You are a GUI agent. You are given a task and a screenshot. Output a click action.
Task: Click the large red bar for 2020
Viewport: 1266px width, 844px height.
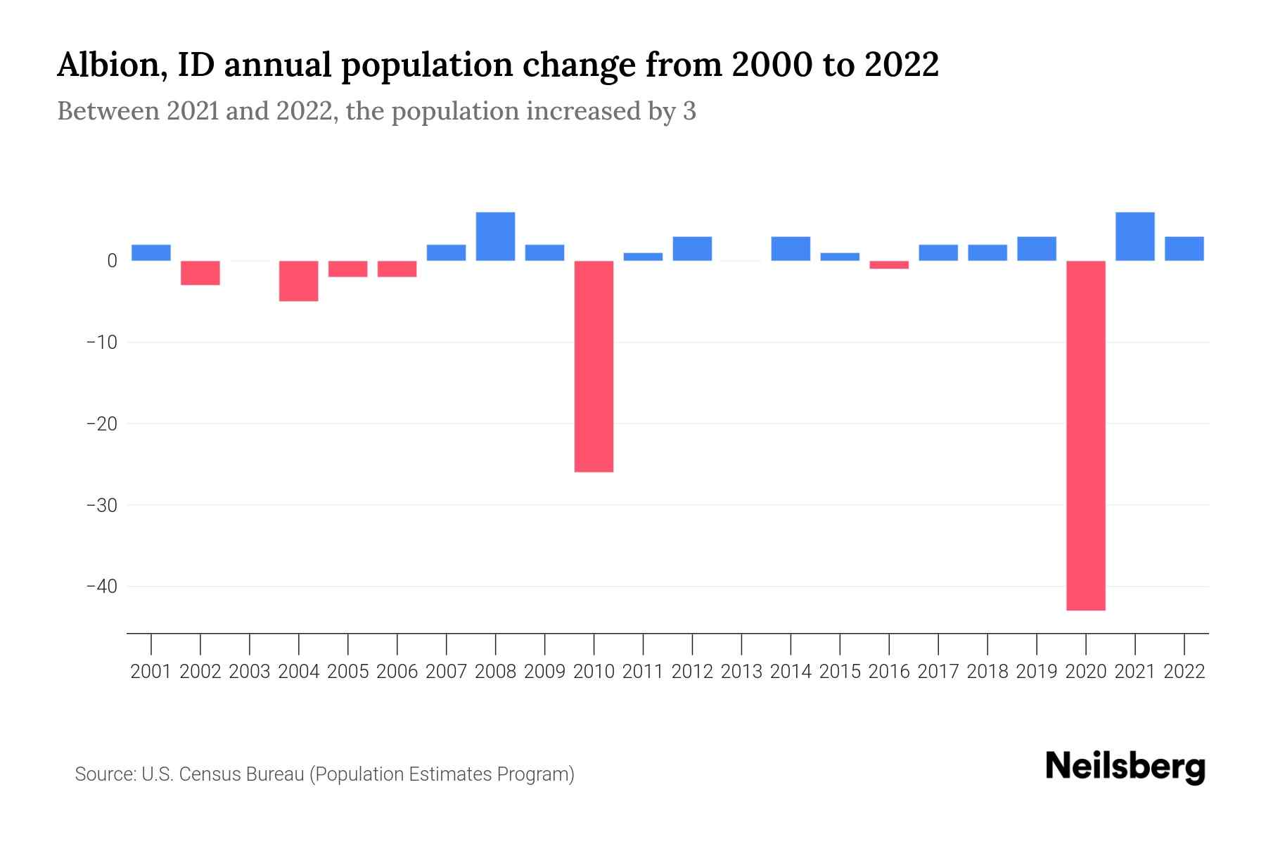(1086, 435)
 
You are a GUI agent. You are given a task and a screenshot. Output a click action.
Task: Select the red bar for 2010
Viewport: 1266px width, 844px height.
(594, 366)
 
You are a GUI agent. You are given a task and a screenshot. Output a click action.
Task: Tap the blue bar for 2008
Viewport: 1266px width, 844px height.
(495, 236)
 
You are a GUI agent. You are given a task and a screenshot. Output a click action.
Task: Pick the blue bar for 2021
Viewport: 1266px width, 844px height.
(1134, 236)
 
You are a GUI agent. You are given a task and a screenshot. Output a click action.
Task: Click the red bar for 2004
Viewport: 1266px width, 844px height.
(298, 281)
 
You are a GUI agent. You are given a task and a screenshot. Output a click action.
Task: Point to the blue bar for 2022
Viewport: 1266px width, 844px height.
(1184, 248)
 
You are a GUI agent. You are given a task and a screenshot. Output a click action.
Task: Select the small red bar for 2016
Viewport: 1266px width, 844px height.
(889, 264)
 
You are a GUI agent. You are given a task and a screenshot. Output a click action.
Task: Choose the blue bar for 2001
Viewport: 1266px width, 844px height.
(151, 252)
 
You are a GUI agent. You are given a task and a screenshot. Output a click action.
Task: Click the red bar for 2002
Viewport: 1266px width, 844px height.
(200, 272)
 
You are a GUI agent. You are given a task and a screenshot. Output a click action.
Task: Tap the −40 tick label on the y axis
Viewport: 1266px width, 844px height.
(101, 587)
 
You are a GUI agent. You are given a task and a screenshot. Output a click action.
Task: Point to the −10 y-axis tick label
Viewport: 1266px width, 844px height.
(101, 343)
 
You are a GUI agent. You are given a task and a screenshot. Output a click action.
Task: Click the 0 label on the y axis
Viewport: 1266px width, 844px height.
(112, 261)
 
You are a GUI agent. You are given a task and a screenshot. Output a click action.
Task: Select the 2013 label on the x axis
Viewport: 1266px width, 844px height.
(741, 672)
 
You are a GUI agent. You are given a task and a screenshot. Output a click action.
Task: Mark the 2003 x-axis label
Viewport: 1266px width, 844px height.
(250, 672)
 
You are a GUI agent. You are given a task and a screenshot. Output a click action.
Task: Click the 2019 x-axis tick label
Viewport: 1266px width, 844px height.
(1036, 672)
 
